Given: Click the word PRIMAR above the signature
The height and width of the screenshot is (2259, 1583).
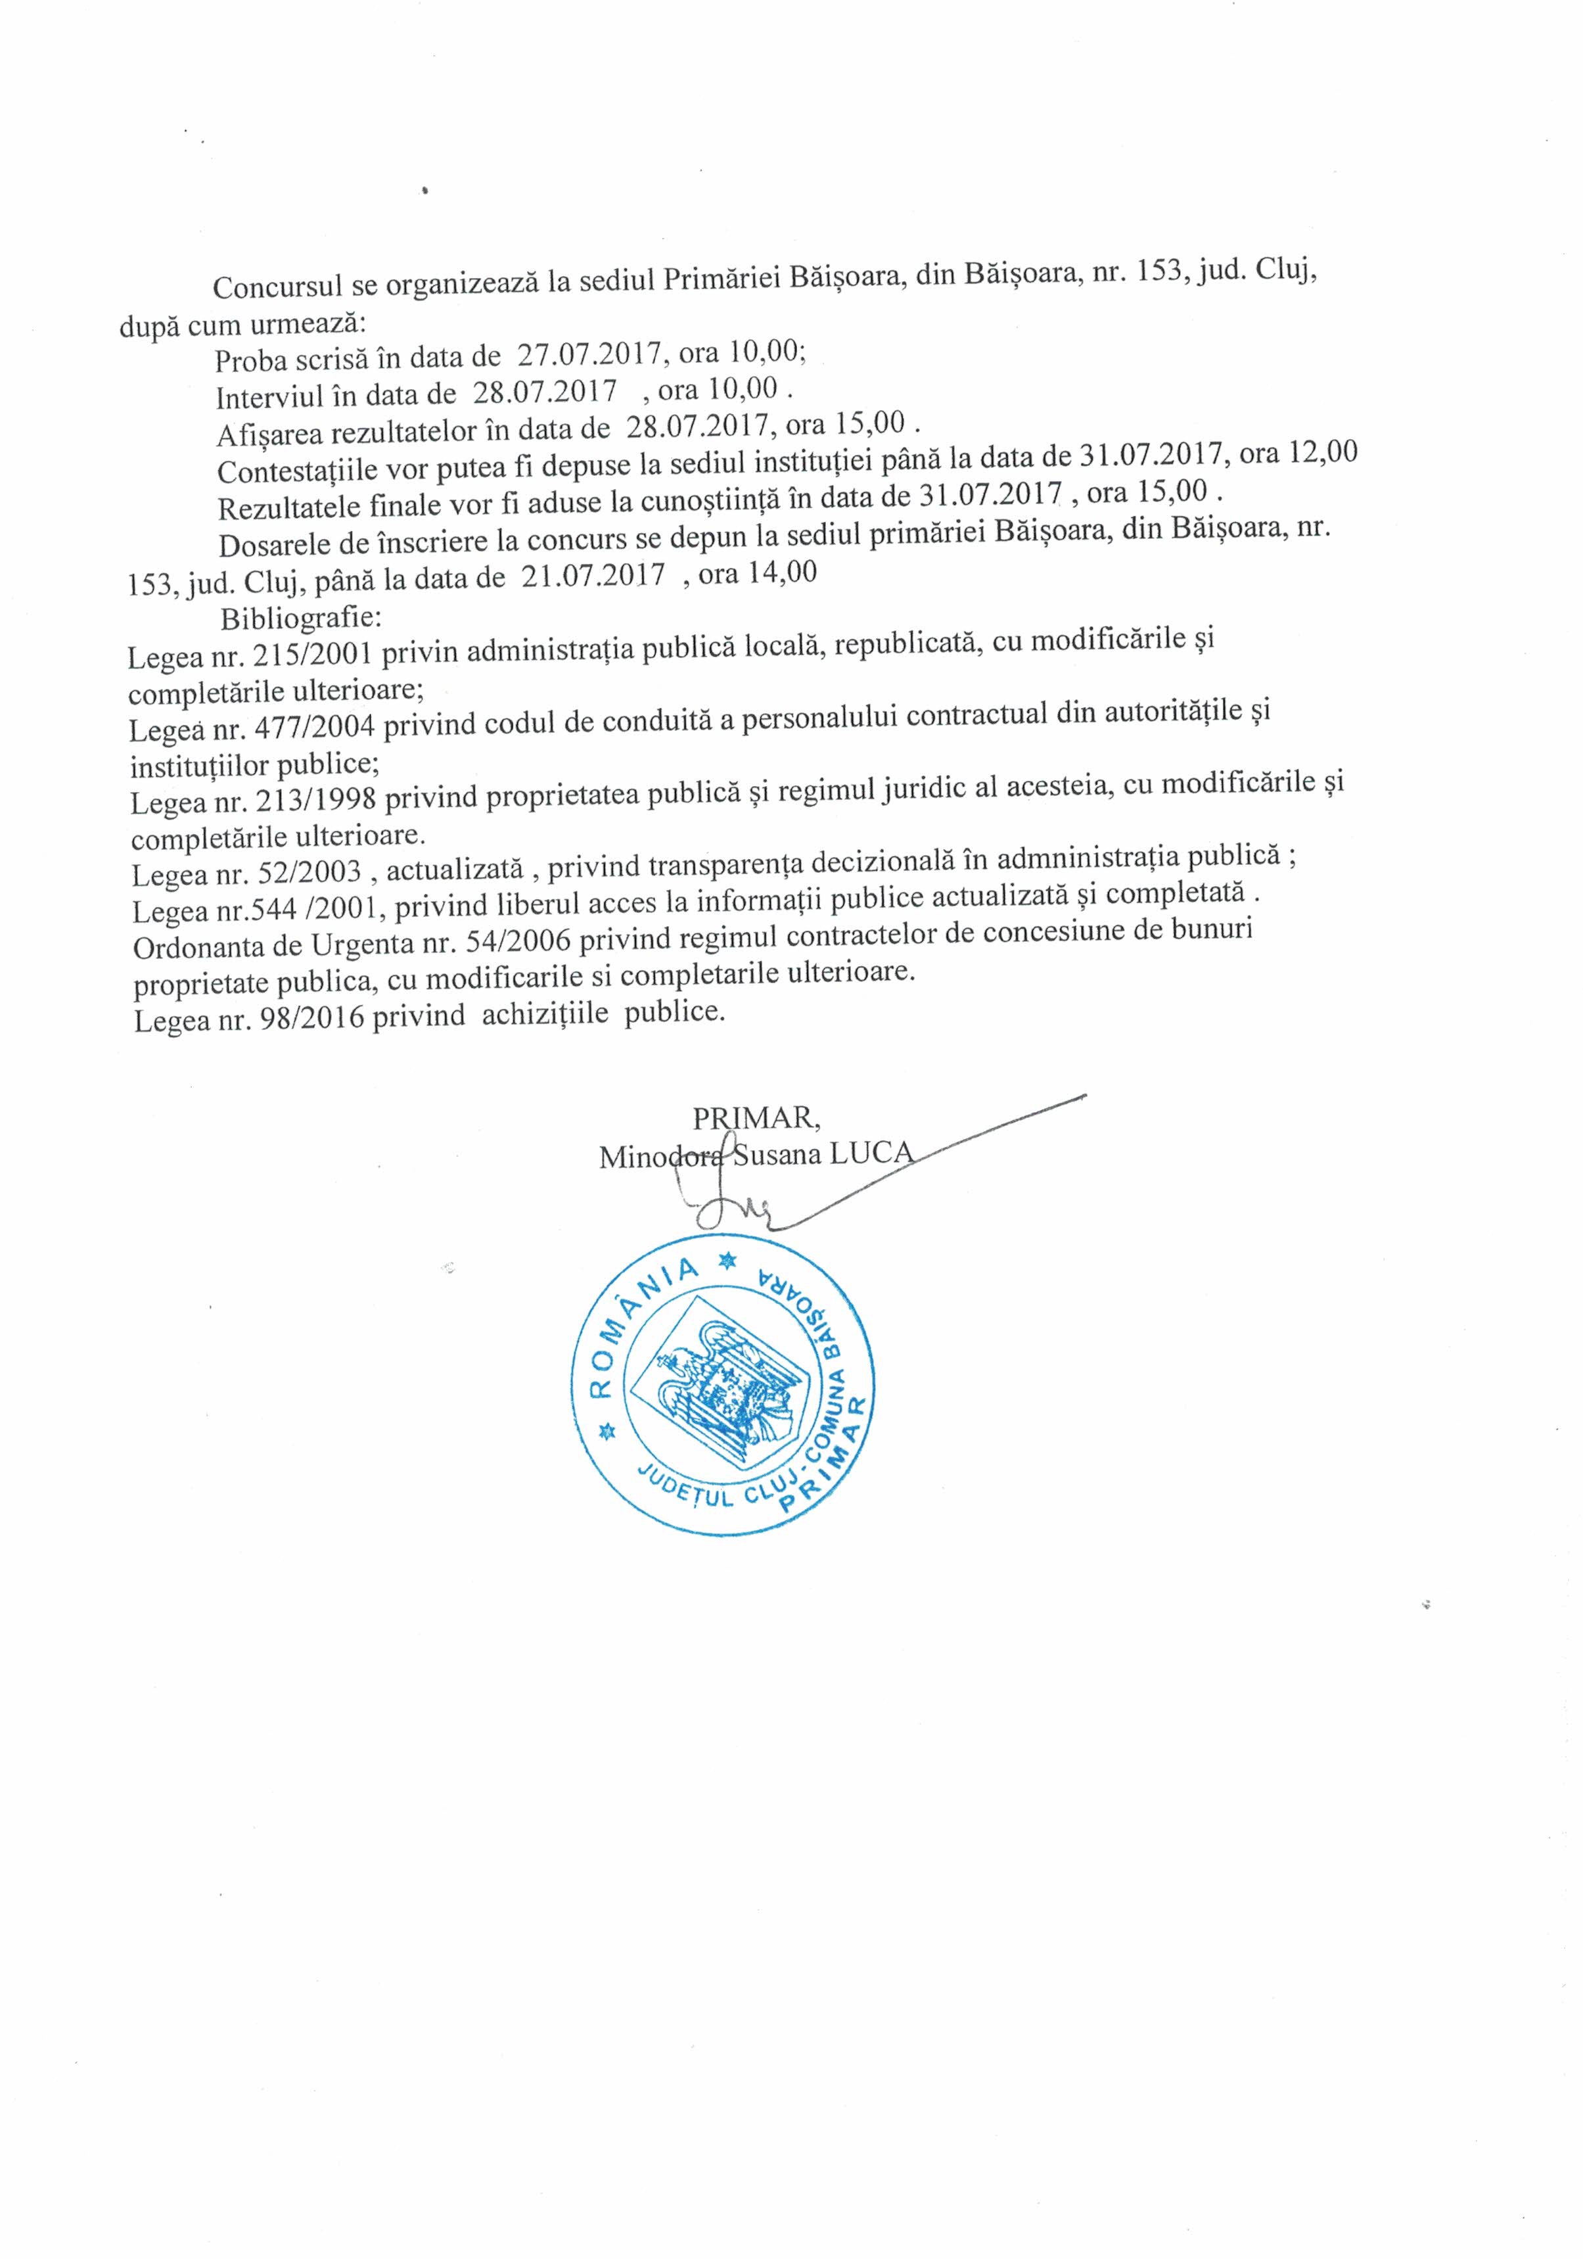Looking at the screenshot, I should (756, 1118).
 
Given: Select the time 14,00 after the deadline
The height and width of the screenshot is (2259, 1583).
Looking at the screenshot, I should (782, 572).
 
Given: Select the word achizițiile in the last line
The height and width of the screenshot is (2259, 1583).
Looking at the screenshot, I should (546, 1013).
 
